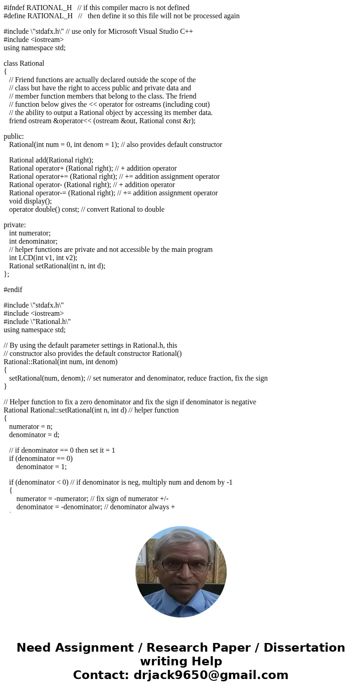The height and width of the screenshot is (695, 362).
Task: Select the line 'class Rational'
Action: point(24,63)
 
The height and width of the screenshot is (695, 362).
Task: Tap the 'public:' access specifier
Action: point(14,136)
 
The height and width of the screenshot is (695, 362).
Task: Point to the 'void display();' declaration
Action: point(30,201)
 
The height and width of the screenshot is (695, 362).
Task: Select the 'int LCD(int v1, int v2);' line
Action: point(43,258)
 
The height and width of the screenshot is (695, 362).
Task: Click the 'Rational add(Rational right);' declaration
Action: point(51,160)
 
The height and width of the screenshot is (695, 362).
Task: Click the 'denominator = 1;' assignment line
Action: point(41,467)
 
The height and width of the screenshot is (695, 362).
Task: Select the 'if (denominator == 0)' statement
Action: point(41,459)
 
